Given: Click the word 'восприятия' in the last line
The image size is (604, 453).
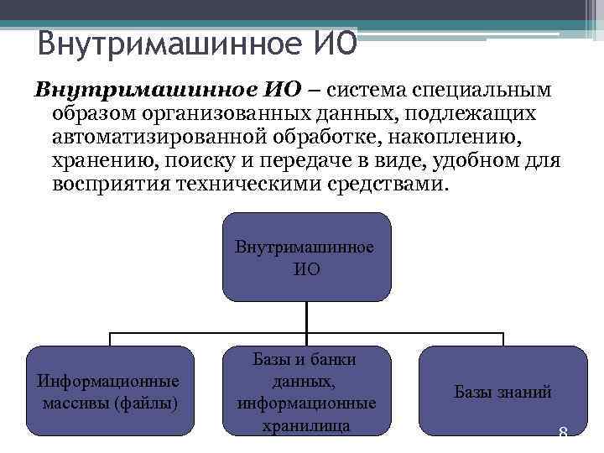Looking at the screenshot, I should [111, 184].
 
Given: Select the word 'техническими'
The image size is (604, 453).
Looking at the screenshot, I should [251, 184].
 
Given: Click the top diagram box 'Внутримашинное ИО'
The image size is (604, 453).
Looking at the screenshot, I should [306, 258].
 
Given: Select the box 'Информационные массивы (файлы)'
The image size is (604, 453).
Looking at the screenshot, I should [109, 392].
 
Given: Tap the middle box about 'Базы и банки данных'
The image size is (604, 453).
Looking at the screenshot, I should [306, 392].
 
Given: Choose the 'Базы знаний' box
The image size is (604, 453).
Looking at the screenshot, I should [502, 392].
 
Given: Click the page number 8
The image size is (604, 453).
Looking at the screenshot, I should [563, 435].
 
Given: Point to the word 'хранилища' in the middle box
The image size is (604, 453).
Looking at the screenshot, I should [306, 425].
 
